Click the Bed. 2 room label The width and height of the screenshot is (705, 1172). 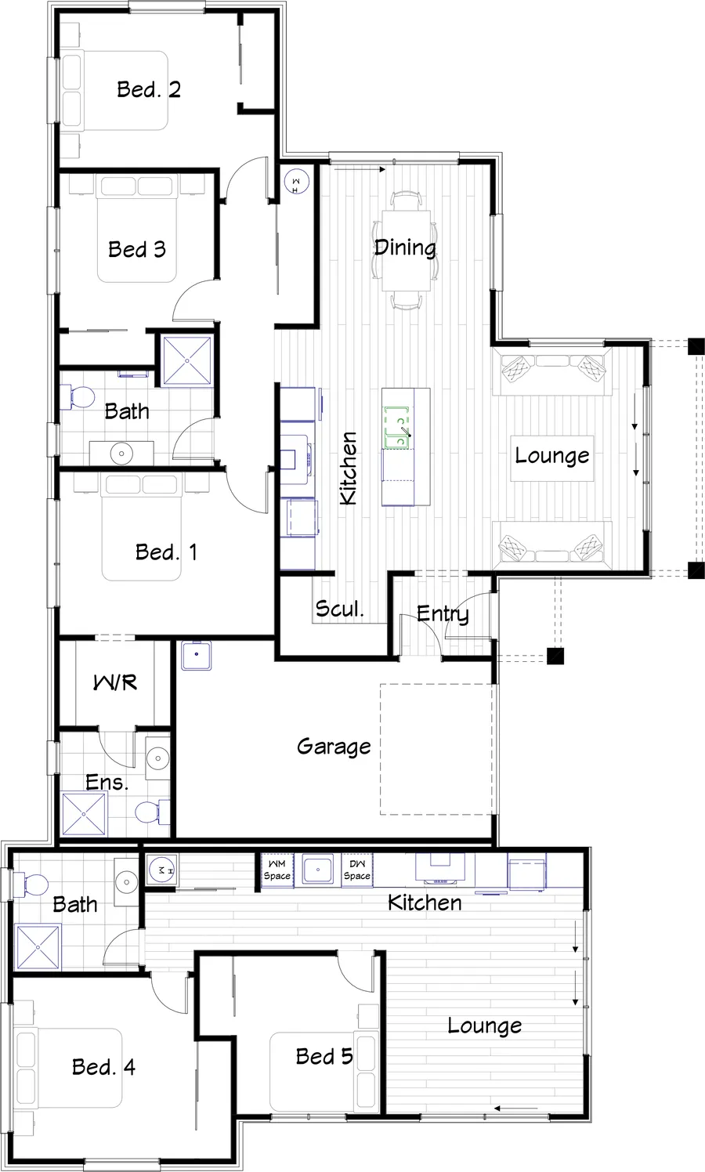(x=149, y=89)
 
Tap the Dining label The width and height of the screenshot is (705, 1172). (x=405, y=248)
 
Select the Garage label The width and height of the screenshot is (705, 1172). (x=334, y=747)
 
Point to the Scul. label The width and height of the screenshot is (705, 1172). (x=339, y=609)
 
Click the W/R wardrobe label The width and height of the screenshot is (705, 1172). (x=115, y=682)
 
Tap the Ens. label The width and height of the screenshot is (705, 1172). (x=107, y=782)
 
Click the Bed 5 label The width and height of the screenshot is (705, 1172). (x=324, y=1056)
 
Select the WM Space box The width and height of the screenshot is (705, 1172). (x=277, y=870)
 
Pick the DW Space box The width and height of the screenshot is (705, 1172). (x=357, y=870)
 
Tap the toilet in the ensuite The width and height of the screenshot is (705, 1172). (x=152, y=812)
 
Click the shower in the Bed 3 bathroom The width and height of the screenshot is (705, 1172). (x=187, y=360)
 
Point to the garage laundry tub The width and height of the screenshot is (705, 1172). (x=197, y=655)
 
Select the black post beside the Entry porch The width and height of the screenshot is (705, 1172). (x=555, y=656)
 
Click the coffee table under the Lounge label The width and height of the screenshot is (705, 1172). (x=552, y=458)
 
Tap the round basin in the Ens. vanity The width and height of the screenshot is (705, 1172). (x=157, y=757)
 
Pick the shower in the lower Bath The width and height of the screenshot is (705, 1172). (x=38, y=946)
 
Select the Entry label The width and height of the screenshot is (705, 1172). (x=443, y=613)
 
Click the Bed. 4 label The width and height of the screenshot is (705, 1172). (x=103, y=1067)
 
